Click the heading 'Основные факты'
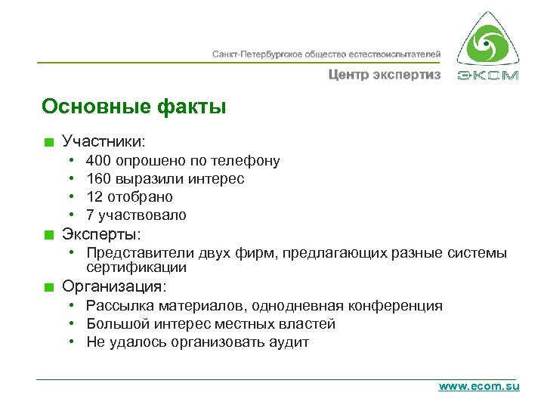coord(134,107)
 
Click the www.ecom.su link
coord(479,386)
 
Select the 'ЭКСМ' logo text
coord(488,76)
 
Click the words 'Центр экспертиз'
coord(384,75)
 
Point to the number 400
coord(98,161)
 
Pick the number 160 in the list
coord(98,179)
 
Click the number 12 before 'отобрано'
coord(94,197)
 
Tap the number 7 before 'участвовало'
coord(91,215)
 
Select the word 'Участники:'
coord(104,141)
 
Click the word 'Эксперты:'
coord(102,233)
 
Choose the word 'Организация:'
coord(115,287)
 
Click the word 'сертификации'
coord(136,267)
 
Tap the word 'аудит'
coord(291,342)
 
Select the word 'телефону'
coord(246,161)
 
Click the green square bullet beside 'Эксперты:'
coord(49,234)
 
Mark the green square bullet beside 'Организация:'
coord(49,288)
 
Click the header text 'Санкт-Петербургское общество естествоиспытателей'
coord(326,54)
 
